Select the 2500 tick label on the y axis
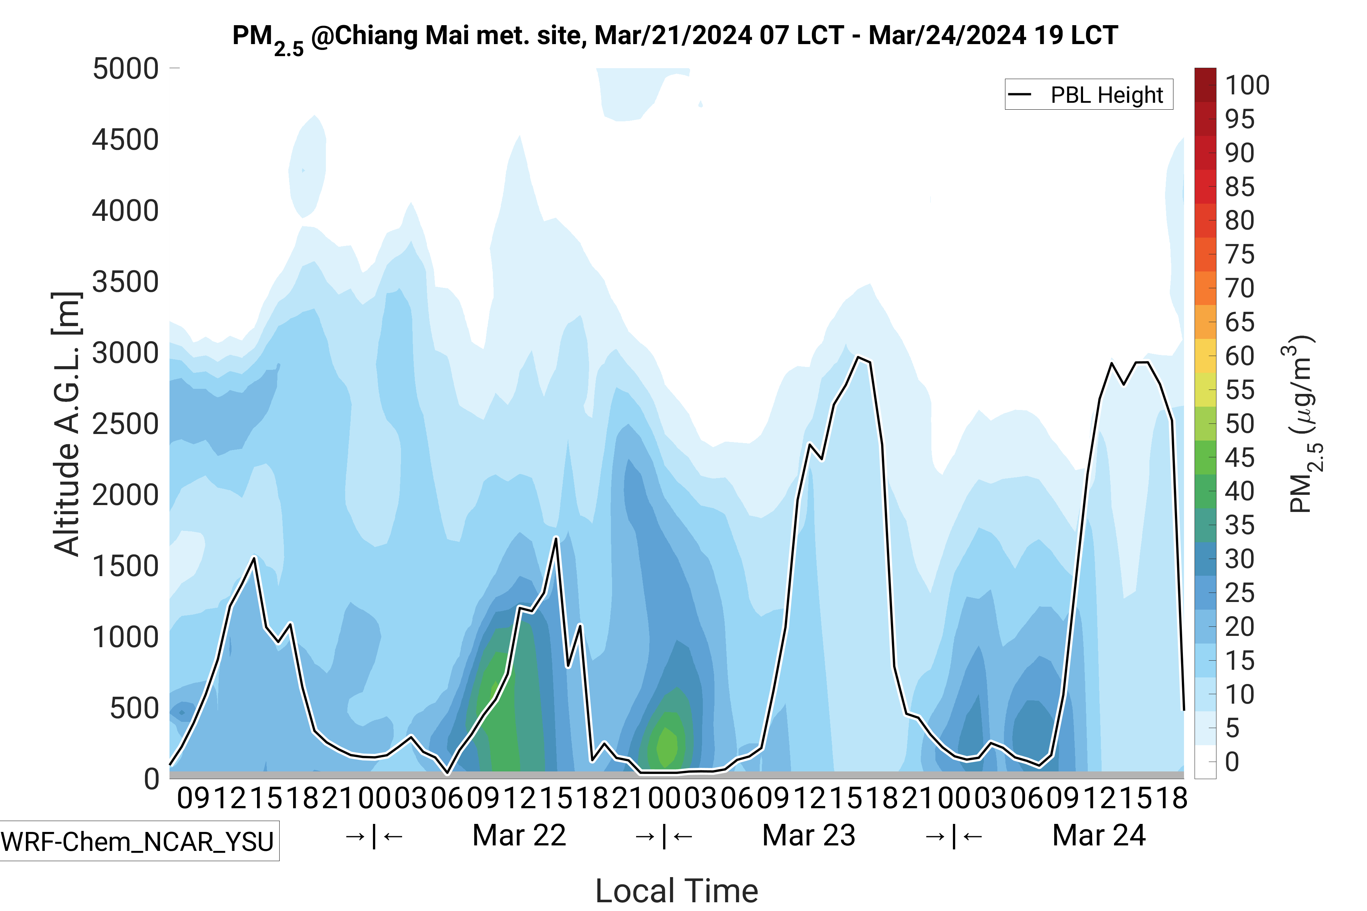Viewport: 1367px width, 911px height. tap(125, 424)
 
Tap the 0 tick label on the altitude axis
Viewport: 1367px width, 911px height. tap(152, 778)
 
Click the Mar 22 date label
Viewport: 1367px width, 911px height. tap(519, 836)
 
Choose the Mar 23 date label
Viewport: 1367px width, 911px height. tap(809, 836)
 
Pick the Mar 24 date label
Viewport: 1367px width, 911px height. tap(1098, 836)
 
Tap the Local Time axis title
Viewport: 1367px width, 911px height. tap(677, 890)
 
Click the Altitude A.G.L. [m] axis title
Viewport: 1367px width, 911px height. tap(67, 424)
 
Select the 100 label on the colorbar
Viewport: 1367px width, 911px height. tap(1247, 85)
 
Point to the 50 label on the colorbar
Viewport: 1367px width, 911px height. tap(1240, 423)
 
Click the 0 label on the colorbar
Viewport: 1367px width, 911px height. tap(1232, 762)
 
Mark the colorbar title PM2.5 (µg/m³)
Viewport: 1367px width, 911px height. tap(1304, 424)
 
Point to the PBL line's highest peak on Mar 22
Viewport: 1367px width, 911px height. tap(556, 538)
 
